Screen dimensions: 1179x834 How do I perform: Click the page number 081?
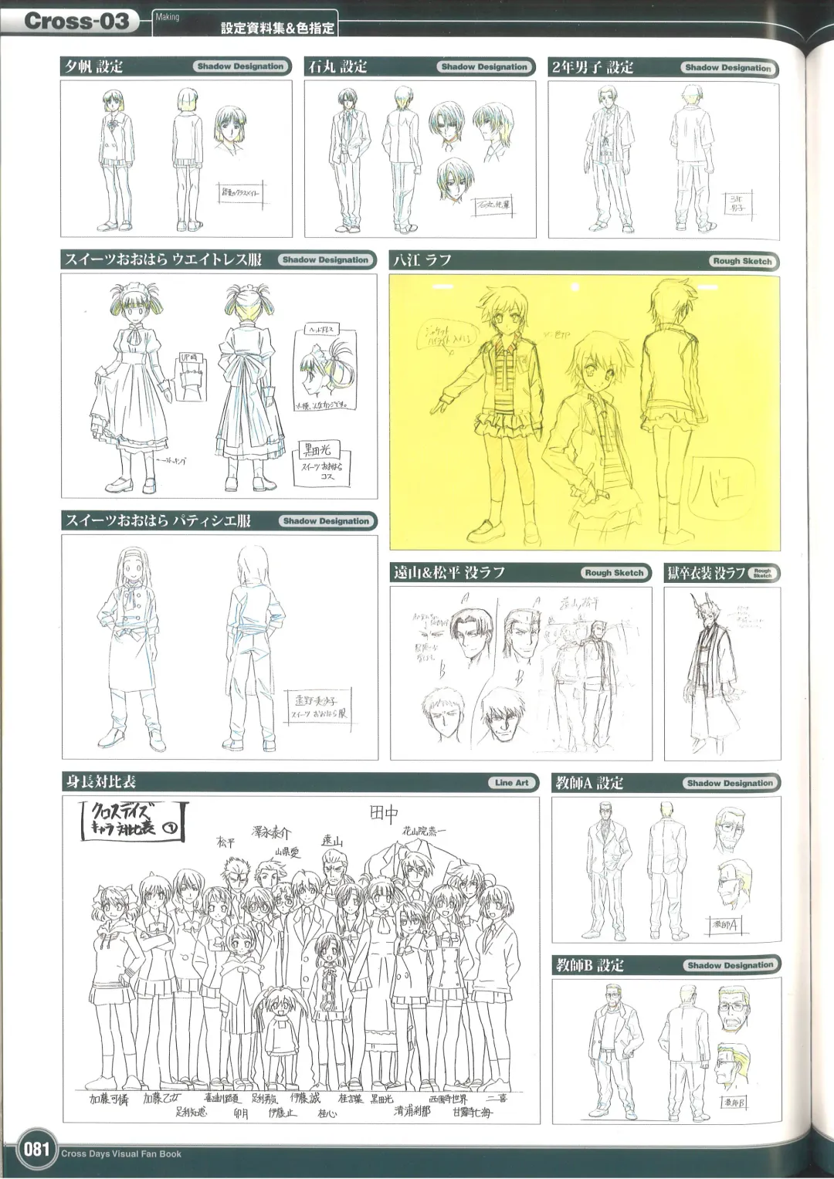[36, 1149]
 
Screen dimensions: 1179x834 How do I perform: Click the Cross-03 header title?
[76, 21]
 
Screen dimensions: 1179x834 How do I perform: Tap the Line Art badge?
[512, 783]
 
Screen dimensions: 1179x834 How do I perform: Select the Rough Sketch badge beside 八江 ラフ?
[742, 261]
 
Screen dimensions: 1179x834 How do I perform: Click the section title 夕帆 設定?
[93, 67]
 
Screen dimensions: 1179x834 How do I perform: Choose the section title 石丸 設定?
[337, 67]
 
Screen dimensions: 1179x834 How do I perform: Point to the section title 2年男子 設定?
[592, 68]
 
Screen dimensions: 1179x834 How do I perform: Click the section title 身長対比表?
[101, 782]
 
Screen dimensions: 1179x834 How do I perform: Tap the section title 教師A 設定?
[589, 783]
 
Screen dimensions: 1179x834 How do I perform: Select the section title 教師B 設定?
[589, 965]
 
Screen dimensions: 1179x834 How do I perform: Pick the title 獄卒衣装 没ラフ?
[706, 573]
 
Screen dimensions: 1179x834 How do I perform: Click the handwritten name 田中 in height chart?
[384, 813]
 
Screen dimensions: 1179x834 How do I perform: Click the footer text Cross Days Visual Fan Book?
[121, 1154]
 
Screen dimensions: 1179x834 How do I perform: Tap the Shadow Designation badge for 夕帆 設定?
[241, 66]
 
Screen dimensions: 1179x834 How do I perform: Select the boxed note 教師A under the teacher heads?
[724, 924]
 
